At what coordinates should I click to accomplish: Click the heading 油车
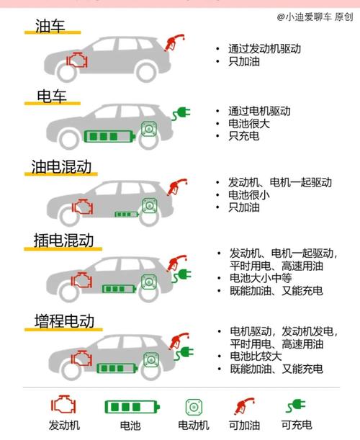coord(50,26)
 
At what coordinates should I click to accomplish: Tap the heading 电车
coord(52,96)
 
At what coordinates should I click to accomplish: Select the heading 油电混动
coord(61,166)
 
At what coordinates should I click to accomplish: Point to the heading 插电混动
coord(63,241)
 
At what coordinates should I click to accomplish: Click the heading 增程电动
coord(64,320)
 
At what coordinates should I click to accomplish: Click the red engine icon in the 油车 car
coord(77,60)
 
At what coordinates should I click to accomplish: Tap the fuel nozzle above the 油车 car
coord(174,42)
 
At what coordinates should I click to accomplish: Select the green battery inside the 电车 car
coord(110,136)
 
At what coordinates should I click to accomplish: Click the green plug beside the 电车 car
coord(181,114)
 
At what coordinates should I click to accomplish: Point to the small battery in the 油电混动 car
coord(127,215)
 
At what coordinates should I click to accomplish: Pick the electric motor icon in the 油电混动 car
coord(149,205)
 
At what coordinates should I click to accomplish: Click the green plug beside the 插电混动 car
coord(182,275)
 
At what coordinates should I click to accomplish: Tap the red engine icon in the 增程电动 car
coord(81,358)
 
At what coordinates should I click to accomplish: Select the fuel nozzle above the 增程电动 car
coord(179,341)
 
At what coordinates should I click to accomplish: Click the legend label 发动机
coord(64,426)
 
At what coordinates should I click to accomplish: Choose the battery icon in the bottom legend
coord(132,407)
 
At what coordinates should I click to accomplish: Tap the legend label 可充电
coord(297,425)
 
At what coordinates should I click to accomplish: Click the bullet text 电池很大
coord(249,123)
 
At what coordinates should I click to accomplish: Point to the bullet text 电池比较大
coord(256,356)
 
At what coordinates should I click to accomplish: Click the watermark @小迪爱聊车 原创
coord(315,17)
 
